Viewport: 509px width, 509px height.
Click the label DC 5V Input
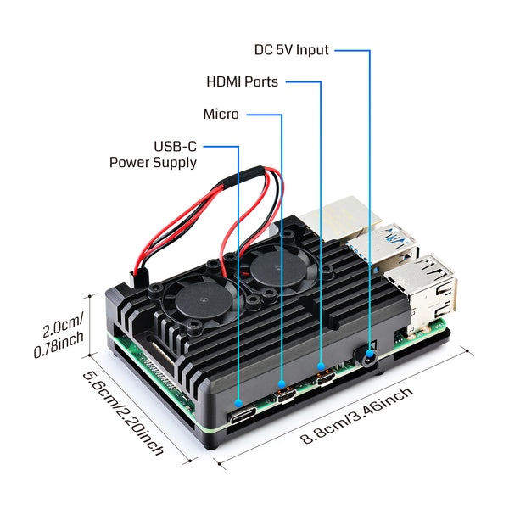click(292, 50)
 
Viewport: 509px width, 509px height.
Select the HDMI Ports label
click(242, 82)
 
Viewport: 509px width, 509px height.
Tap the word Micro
click(221, 114)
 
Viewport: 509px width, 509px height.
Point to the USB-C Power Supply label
click(154, 154)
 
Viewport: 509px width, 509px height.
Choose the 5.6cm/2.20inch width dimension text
click(122, 413)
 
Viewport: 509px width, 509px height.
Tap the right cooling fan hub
click(274, 271)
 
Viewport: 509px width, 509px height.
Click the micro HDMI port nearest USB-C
click(283, 394)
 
